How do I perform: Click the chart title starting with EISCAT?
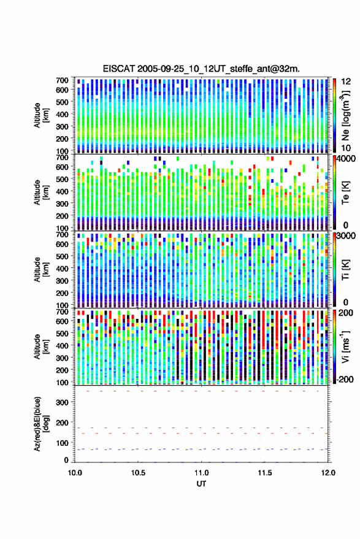pyautogui.click(x=201, y=69)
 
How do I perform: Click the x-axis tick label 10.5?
pyautogui.click(x=138, y=473)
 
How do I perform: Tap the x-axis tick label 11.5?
pyautogui.click(x=264, y=473)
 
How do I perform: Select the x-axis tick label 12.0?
pyautogui.click(x=328, y=473)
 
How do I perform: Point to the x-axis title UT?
pyautogui.click(x=201, y=484)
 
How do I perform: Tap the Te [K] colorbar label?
pyautogui.click(x=345, y=193)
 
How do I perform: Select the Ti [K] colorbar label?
pyautogui.click(x=345, y=270)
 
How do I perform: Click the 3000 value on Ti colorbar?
pyautogui.click(x=345, y=236)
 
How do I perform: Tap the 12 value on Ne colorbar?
pyautogui.click(x=345, y=82)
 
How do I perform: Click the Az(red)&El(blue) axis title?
pyautogui.click(x=41, y=424)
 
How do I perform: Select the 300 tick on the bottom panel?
pyautogui.click(x=63, y=402)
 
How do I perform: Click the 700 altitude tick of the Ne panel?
pyautogui.click(x=62, y=80)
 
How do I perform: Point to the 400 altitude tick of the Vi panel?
pyautogui.click(x=62, y=345)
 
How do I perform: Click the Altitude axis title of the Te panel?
pyautogui.click(x=41, y=193)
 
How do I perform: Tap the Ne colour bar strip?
pyautogui.click(x=335, y=115)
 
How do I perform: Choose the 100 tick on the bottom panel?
pyautogui.click(x=63, y=443)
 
